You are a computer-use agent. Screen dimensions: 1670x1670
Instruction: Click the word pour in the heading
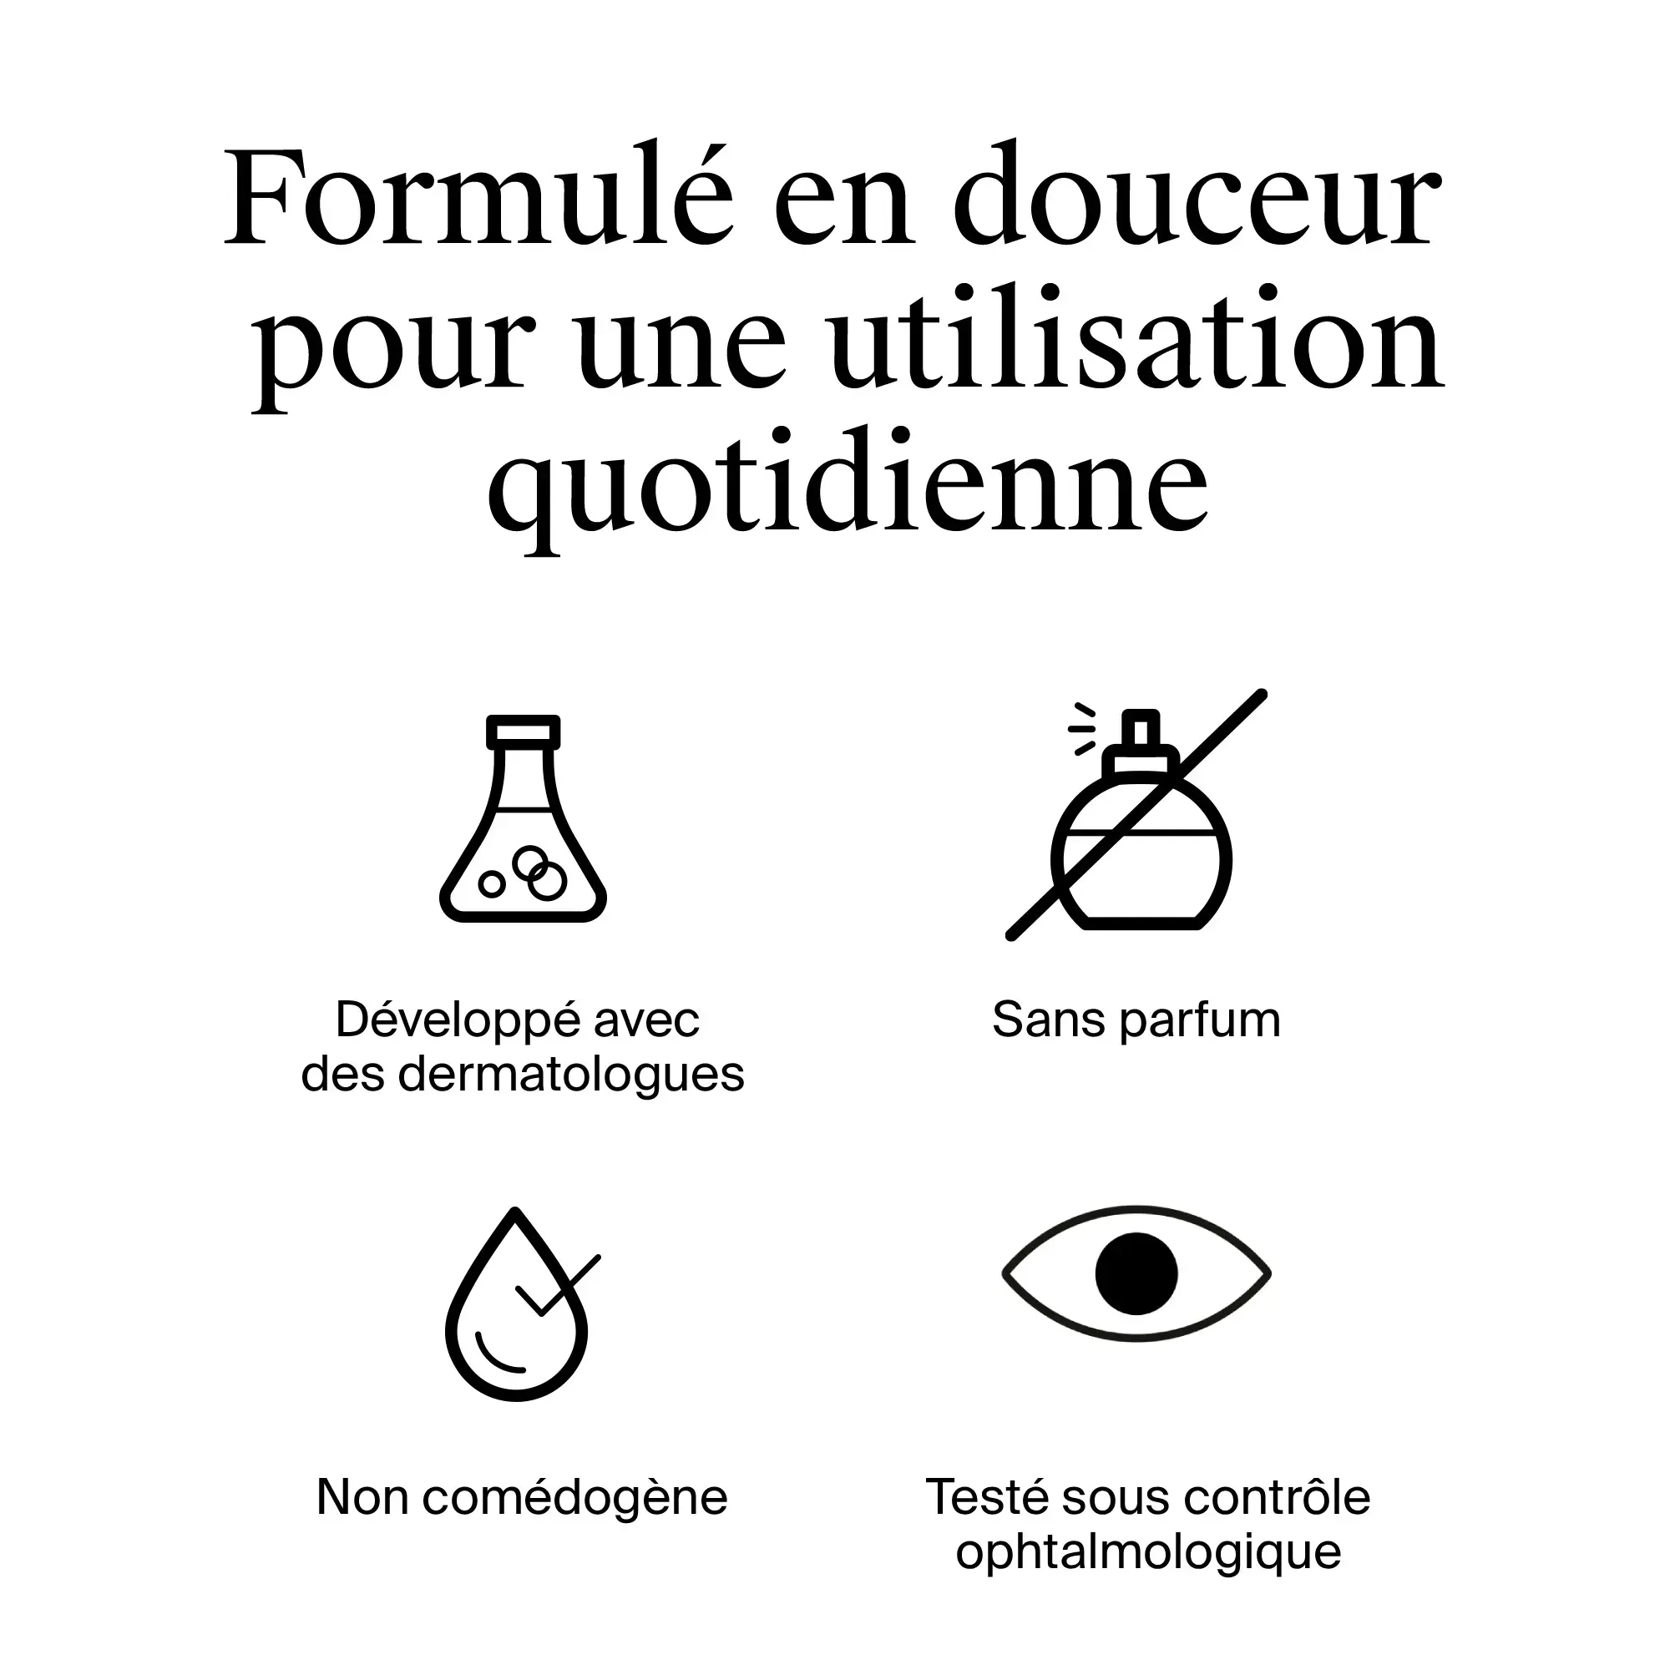pos(394,350)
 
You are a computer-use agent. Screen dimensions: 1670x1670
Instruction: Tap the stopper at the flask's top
pos(523,731)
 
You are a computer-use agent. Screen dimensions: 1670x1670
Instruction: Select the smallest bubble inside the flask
pos(491,883)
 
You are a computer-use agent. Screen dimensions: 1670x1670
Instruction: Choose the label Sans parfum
pos(1136,1019)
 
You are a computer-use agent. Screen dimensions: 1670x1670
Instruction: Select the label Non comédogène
pos(522,1497)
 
